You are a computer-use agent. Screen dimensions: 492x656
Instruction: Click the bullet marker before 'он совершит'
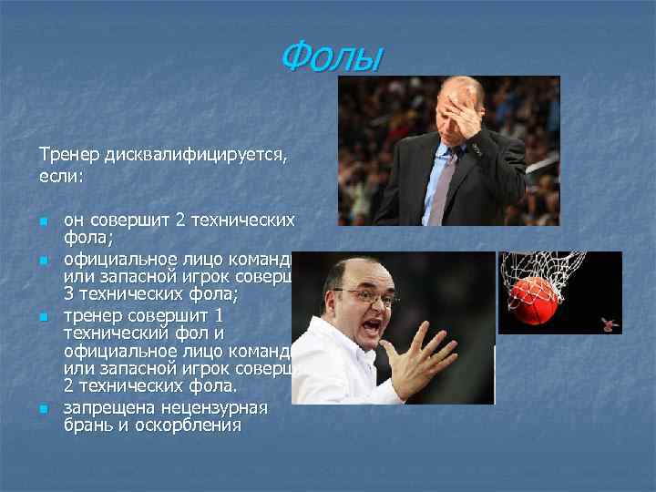42,222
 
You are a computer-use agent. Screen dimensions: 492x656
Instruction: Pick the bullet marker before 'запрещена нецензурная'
42,409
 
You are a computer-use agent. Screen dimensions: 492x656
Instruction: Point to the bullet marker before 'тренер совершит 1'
42,317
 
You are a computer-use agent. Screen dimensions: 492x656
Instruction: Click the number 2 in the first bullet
180,220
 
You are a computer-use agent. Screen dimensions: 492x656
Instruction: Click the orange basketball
535,301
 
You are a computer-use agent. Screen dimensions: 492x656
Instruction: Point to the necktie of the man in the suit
445,186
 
